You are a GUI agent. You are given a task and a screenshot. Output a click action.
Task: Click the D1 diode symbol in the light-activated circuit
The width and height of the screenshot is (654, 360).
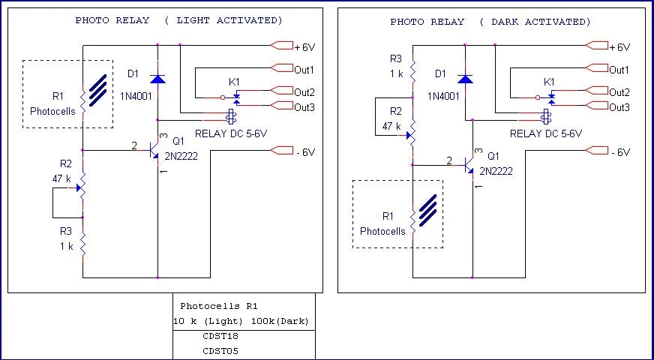(x=157, y=78)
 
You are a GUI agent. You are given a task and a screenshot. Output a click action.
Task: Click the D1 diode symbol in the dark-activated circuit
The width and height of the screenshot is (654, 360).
(x=465, y=78)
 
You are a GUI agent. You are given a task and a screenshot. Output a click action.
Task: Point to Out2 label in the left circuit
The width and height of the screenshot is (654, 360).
(x=304, y=92)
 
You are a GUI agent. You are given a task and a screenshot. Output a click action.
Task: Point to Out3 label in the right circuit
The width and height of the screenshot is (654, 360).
(x=619, y=107)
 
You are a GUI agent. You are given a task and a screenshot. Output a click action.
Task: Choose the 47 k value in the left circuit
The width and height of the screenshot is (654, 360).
(x=62, y=179)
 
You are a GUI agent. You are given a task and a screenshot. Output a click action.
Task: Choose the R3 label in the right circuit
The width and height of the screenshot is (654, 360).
(x=396, y=58)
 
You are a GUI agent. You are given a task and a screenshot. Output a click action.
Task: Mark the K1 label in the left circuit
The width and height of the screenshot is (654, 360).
(x=234, y=81)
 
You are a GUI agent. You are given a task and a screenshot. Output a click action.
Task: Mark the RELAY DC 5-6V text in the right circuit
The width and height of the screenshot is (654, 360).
(x=545, y=133)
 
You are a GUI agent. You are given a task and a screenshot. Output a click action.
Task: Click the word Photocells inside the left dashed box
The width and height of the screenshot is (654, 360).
(x=52, y=110)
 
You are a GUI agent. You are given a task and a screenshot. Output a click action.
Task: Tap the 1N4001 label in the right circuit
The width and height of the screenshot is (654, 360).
(x=445, y=97)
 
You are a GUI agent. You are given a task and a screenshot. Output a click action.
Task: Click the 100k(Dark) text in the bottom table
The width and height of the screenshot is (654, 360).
(x=281, y=321)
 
